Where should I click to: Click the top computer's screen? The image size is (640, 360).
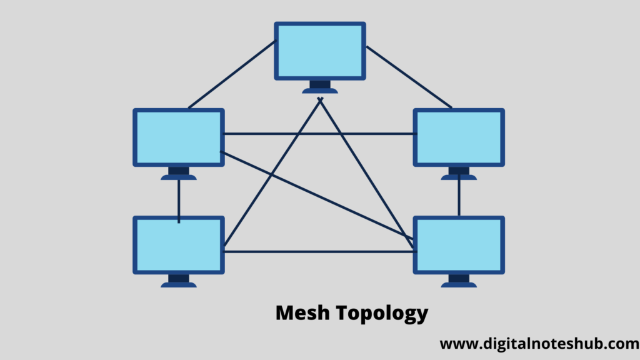320,51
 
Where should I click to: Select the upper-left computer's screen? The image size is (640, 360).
179,137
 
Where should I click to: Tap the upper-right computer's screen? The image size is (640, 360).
459,137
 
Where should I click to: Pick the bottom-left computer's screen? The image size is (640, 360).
179,245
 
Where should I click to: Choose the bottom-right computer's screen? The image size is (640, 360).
459,245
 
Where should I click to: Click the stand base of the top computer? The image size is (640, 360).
320,91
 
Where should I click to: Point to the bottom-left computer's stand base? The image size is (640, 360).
179,285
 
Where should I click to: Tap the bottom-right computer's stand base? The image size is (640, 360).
459,285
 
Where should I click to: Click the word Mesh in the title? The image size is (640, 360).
302,312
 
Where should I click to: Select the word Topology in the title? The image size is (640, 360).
382,314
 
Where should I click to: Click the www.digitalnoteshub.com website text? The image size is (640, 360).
539,344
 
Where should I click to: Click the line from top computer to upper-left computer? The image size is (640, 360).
232,74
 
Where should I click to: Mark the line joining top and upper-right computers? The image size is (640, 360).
409,77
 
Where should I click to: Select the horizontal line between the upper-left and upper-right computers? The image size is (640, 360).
320,134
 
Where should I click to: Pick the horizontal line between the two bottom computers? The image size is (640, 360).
320,252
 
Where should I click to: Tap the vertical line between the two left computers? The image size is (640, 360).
179,201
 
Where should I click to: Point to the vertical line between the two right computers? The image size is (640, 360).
459,195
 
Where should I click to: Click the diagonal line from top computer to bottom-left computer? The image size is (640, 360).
272,172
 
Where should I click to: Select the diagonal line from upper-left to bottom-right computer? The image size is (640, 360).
317,195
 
